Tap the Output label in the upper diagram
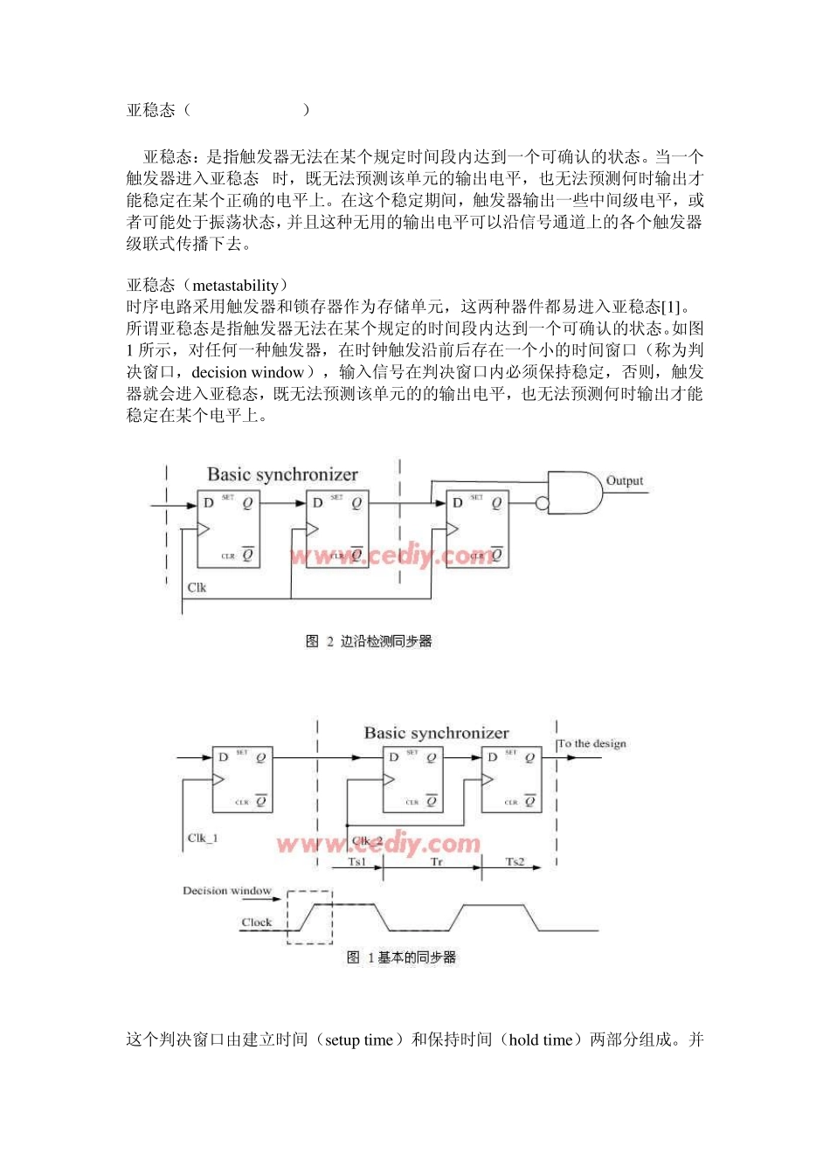625,481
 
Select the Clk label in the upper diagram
197,588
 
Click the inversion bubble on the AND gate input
543,503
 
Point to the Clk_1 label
203,839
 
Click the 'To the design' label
592,744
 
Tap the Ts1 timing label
357,862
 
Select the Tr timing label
437,862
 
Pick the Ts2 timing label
515,862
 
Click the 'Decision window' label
227,891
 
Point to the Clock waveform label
257,922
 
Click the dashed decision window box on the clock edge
310,917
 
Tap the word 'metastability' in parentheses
235,286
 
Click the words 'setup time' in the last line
358,1040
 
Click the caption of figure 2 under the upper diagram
369,642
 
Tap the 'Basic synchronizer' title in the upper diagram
282,474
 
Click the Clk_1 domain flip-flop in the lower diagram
242,779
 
